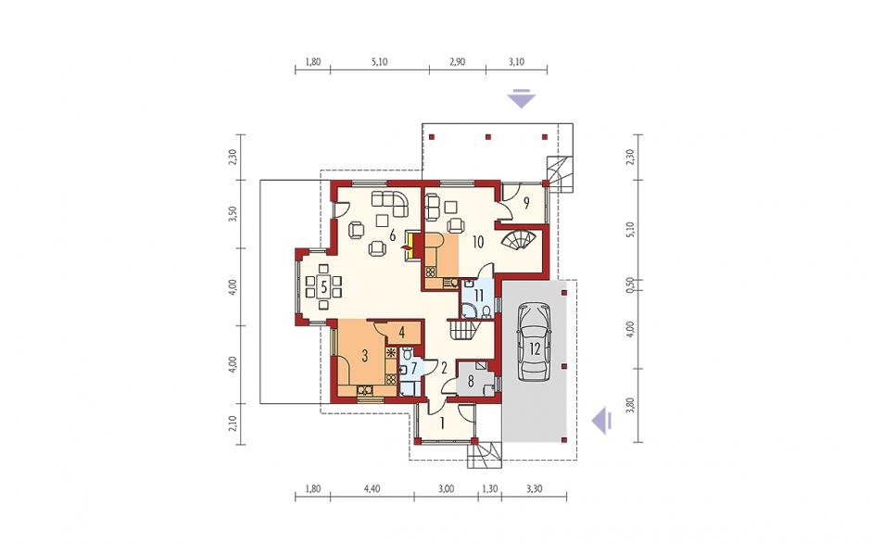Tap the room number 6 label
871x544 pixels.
click(x=392, y=235)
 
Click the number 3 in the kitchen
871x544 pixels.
click(x=364, y=356)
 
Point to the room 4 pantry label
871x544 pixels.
click(x=401, y=333)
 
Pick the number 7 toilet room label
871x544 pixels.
click(x=412, y=368)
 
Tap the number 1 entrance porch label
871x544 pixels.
click(x=442, y=424)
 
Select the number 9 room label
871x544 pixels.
click(x=526, y=203)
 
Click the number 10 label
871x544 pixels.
click(x=478, y=242)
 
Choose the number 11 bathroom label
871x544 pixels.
click(x=479, y=295)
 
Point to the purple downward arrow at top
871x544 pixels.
click(x=521, y=98)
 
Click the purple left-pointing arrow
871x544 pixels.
click(x=600, y=421)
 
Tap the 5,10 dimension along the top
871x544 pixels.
click(x=379, y=62)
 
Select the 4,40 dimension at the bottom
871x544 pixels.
click(x=372, y=489)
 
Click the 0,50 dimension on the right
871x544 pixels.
click(x=630, y=285)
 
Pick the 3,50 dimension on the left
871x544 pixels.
click(x=233, y=214)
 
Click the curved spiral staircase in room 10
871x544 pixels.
click(x=519, y=241)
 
